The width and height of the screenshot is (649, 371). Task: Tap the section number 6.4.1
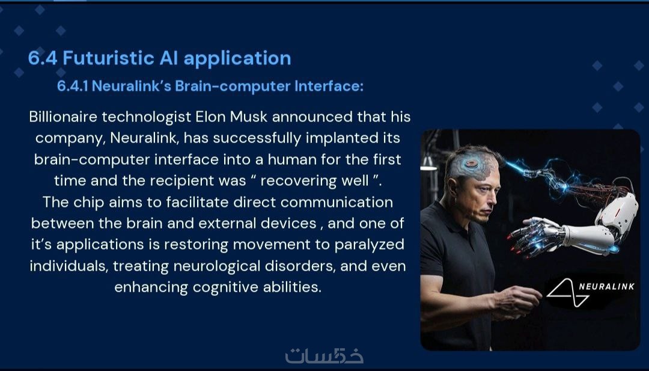click(73, 86)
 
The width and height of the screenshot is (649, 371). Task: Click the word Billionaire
click(63, 117)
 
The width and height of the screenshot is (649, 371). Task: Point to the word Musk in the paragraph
click(249, 117)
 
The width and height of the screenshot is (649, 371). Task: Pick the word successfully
click(257, 138)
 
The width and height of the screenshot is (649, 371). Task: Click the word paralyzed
click(369, 245)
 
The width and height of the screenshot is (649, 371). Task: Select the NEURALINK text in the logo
click(606, 287)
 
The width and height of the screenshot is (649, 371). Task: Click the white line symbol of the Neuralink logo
click(568, 293)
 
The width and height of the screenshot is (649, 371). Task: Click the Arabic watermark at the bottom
click(324, 356)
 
